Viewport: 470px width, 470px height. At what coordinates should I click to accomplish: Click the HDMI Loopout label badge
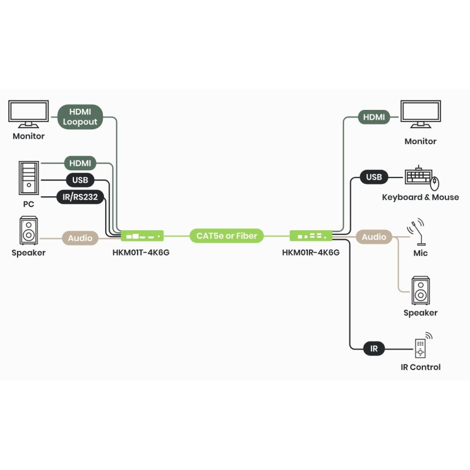(80, 116)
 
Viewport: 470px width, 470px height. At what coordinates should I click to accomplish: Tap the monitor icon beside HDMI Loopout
(28, 114)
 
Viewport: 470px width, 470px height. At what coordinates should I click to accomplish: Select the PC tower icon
(28, 178)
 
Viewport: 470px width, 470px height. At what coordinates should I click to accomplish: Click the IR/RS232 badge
(80, 197)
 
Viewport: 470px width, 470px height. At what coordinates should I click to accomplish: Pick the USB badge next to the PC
(80, 180)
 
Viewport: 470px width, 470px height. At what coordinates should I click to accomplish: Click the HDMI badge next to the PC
(80, 163)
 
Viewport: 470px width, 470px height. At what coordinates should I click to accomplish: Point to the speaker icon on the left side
(28, 231)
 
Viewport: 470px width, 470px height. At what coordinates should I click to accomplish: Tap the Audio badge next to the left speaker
(80, 238)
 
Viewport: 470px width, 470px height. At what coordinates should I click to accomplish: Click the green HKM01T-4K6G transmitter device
(142, 236)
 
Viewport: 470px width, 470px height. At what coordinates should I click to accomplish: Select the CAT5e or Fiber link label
(227, 236)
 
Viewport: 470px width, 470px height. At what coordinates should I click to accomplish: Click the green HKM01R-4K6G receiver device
(311, 236)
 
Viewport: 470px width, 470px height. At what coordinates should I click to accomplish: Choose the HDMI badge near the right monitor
(374, 117)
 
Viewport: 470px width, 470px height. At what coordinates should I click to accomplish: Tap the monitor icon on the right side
(421, 114)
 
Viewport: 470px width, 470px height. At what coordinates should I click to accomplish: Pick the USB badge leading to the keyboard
(374, 177)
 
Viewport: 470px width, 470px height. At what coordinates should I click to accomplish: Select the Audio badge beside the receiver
(374, 237)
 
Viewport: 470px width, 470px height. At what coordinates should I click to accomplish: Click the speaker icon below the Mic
(420, 290)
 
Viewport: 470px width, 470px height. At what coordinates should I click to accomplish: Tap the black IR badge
(374, 348)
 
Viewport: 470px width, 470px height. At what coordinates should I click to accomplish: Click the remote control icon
(421, 348)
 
